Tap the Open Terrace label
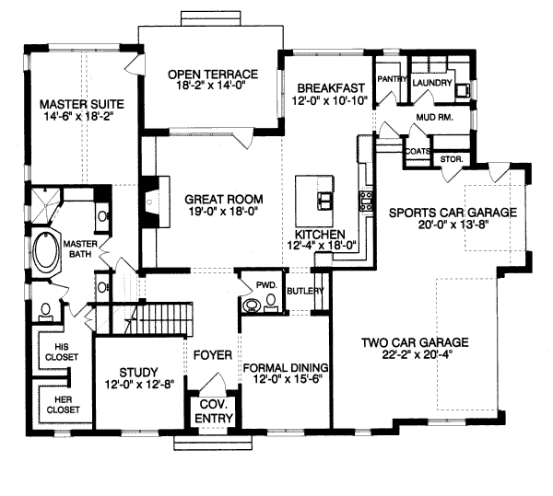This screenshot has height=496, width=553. point(212,75)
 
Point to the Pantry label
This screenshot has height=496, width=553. point(392,79)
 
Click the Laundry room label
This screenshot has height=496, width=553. point(432,83)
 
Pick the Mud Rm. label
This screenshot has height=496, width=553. point(434,117)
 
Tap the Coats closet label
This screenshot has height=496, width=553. point(418,151)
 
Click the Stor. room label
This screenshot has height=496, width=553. point(453,158)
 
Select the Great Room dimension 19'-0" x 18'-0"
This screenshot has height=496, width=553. point(223,213)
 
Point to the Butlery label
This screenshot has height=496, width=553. point(306,292)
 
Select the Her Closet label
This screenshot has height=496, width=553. point(59,404)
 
